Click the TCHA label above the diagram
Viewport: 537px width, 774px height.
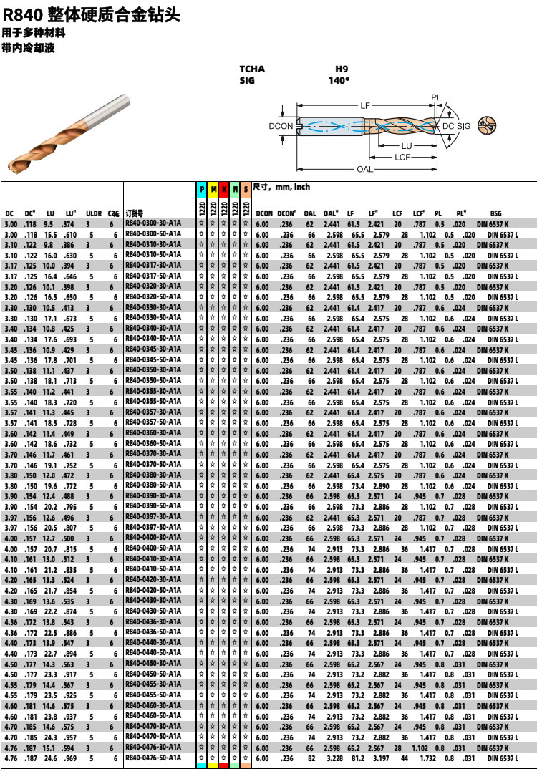tap(252, 69)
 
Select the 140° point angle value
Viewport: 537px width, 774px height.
tap(339, 81)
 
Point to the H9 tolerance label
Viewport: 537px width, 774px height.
tap(342, 69)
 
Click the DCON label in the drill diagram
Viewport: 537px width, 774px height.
tap(281, 127)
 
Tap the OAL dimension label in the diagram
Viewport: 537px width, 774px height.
tap(364, 170)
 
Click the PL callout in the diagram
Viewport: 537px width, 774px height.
tap(436, 97)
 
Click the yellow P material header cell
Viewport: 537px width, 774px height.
tap(203, 190)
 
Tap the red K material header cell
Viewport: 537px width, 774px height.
tap(224, 190)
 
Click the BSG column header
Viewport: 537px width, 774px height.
tap(496, 213)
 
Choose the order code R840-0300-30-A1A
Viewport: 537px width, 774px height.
tap(153, 223)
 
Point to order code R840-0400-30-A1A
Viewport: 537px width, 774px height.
tap(153, 538)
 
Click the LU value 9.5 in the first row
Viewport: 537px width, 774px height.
tap(49, 223)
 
